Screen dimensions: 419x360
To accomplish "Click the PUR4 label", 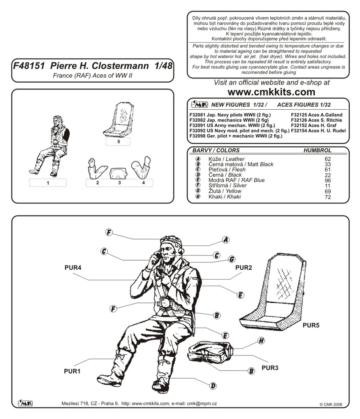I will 73,268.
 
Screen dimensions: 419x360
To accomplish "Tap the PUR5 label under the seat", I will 311,326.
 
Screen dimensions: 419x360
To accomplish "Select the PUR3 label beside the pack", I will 270,368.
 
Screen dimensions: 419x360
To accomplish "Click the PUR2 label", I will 244,268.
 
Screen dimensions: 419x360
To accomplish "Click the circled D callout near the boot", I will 213,386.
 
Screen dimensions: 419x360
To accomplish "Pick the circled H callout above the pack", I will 261,341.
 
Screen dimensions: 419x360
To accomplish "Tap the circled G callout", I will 231,259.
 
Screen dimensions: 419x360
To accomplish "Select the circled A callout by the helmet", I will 226,240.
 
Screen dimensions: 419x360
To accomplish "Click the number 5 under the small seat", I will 119,141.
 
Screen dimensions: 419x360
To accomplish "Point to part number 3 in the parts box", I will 119,183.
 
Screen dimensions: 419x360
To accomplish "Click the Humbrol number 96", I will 328,180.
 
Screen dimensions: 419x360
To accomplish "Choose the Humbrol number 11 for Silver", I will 328,186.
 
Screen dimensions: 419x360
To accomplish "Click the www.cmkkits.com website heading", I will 271,92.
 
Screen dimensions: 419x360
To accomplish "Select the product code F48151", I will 28,65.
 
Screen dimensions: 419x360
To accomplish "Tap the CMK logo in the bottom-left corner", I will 25,403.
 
